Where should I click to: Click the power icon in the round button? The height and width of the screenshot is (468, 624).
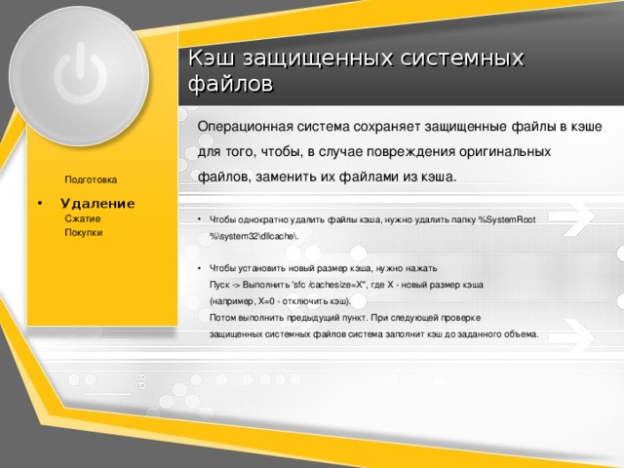[81, 74]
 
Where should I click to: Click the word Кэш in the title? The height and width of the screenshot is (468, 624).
[212, 58]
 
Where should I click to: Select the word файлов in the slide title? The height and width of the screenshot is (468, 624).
[230, 85]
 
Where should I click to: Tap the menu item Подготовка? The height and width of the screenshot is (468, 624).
[91, 179]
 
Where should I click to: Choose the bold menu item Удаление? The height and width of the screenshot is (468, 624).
[97, 204]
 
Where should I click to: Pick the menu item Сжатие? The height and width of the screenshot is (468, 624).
[82, 218]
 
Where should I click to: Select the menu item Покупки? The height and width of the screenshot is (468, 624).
[84, 232]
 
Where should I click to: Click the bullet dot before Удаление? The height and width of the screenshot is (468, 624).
[39, 204]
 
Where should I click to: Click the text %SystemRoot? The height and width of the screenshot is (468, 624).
[506, 219]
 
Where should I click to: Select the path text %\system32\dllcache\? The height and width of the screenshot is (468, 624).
[253, 236]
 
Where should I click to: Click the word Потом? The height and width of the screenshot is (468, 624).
[223, 318]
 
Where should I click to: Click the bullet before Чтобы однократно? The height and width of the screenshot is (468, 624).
[199, 219]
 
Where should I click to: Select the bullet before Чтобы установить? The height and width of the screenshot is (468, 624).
[199, 269]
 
